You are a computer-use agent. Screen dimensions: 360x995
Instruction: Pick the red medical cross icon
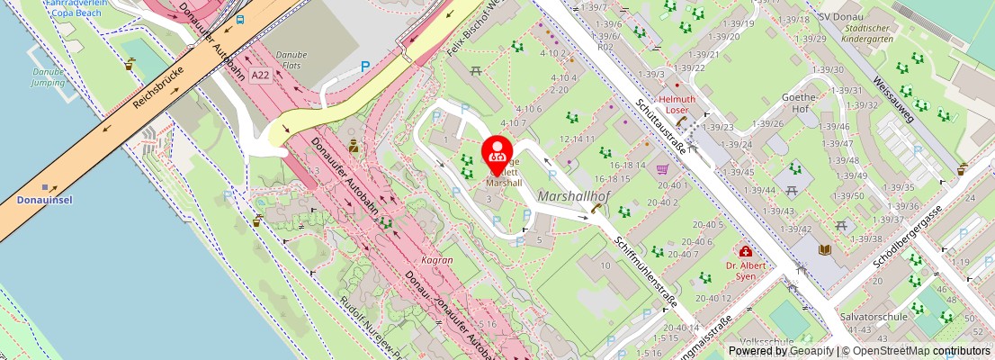click(745, 252)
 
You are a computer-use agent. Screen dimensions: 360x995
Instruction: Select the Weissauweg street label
click(893, 98)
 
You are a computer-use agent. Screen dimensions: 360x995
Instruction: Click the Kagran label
click(437, 259)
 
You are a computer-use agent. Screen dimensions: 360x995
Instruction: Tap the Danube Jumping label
click(49, 76)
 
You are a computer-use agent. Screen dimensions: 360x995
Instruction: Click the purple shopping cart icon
click(663, 168)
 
